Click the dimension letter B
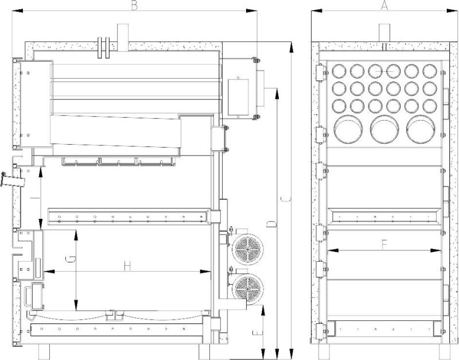pyautogui.click(x=134, y=5)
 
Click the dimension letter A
pyautogui.click(x=384, y=5)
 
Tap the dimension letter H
pyautogui.click(x=127, y=266)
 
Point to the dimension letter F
pyautogui.click(x=384, y=245)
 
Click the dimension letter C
pyautogui.click(x=285, y=199)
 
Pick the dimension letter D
pyautogui.click(x=271, y=224)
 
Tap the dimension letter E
pyautogui.click(x=257, y=333)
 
